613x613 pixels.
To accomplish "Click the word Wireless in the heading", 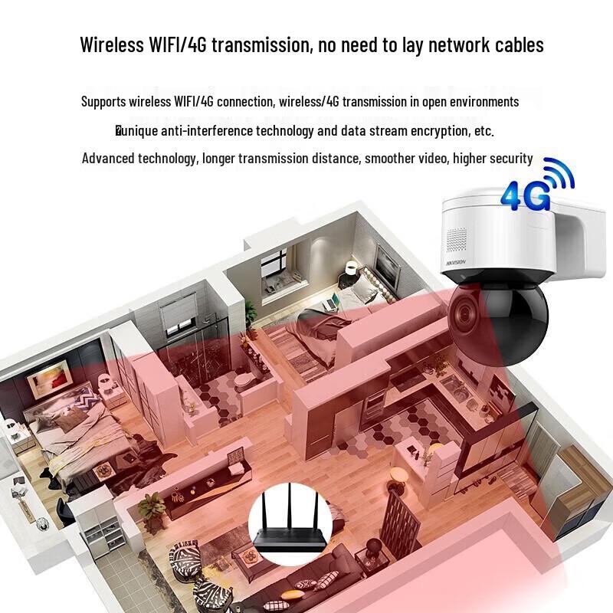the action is point(112,44).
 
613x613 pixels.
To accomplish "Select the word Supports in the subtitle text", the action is point(103,102).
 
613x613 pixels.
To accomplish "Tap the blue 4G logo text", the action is point(525,196).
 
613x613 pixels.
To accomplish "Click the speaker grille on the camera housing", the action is point(456,240).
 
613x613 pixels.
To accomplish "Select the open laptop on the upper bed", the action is point(330,302).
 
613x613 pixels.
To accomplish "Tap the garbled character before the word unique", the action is point(118,130).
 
